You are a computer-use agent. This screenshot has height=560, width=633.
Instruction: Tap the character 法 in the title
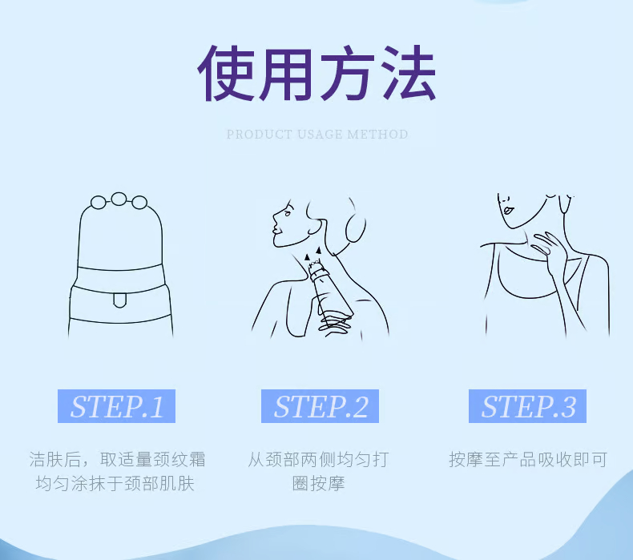pyautogui.click(x=407, y=73)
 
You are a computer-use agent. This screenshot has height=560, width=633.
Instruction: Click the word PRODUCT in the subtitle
pyautogui.click(x=259, y=134)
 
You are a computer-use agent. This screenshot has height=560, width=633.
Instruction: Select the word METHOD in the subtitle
pyautogui.click(x=377, y=134)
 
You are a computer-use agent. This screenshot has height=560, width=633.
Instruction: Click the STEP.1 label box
pyautogui.click(x=116, y=406)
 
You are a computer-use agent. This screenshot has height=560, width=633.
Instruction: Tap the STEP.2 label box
pyautogui.click(x=320, y=406)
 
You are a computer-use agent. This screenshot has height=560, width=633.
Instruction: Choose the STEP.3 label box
pyautogui.click(x=527, y=406)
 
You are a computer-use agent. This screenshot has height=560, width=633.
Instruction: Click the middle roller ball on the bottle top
pyautogui.click(x=119, y=199)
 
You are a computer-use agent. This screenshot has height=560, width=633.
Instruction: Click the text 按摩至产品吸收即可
pyautogui.click(x=528, y=460)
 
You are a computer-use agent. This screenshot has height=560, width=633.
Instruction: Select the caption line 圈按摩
pyautogui.click(x=319, y=483)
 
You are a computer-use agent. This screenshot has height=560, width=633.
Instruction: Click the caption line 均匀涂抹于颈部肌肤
pyautogui.click(x=115, y=483)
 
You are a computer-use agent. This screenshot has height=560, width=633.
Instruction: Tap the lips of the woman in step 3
pyautogui.click(x=508, y=211)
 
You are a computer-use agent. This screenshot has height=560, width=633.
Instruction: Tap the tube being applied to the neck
pyautogui.click(x=330, y=291)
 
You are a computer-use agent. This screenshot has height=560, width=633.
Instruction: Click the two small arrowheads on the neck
pyautogui.click(x=313, y=253)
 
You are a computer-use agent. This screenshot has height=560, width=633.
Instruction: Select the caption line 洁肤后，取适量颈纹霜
pyautogui.click(x=117, y=460)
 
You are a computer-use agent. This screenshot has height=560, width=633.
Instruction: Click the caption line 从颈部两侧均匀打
pyautogui.click(x=319, y=460)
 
